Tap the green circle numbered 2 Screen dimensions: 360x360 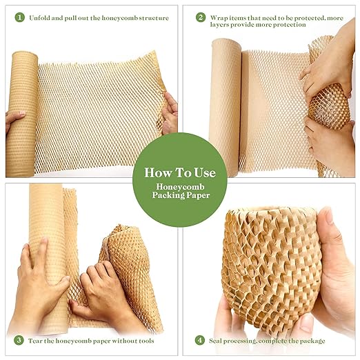(201, 17)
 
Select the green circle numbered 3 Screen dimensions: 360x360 (18, 340)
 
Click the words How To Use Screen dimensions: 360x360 (179, 172)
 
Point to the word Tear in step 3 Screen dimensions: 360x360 (37, 340)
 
